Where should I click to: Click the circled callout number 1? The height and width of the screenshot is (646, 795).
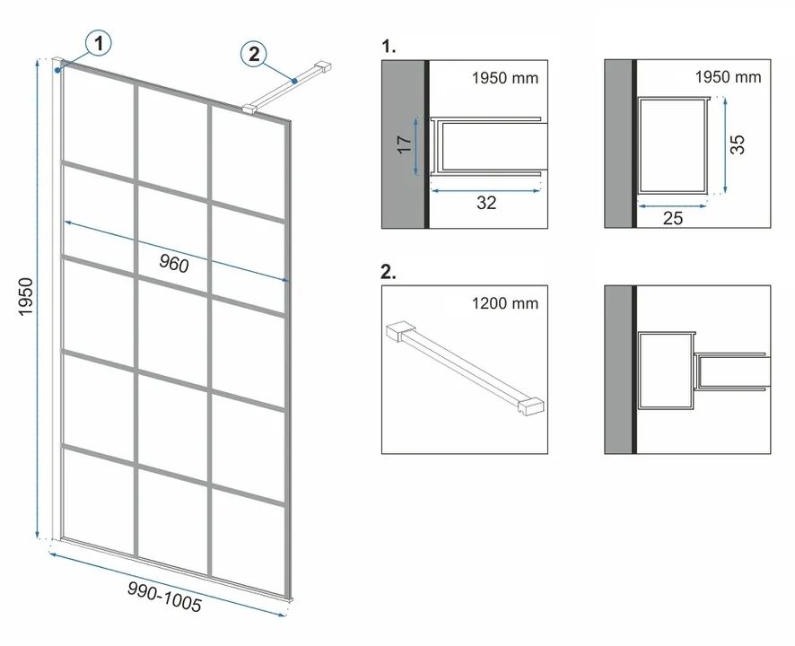click(99, 44)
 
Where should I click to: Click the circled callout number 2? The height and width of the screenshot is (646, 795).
click(254, 54)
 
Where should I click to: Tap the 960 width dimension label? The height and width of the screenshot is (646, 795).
click(174, 263)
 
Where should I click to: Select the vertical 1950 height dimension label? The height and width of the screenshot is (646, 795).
click(25, 297)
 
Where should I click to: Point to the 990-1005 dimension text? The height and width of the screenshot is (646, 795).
click(164, 597)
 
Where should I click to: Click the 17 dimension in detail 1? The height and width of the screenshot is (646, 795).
click(404, 145)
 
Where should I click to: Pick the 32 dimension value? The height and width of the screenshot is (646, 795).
click(486, 203)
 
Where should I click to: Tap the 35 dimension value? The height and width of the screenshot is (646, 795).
click(738, 144)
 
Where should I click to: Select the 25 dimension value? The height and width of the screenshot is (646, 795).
click(673, 218)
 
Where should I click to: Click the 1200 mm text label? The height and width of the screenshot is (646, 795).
click(505, 303)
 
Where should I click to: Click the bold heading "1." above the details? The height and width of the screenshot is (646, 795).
click(389, 47)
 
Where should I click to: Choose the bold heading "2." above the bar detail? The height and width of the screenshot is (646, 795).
click(389, 272)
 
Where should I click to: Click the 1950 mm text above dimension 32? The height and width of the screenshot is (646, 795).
click(505, 78)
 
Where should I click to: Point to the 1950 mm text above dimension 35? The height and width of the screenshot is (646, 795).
click(728, 77)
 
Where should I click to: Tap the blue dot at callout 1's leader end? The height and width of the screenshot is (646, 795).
click(58, 69)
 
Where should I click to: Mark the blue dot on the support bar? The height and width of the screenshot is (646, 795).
click(294, 80)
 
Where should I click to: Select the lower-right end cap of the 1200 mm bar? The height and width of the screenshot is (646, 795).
click(531, 406)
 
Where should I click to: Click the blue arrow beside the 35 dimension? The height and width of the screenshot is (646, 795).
click(725, 145)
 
